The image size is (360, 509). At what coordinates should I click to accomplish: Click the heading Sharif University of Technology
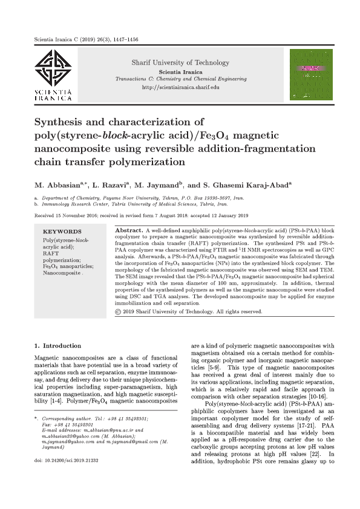(180, 63)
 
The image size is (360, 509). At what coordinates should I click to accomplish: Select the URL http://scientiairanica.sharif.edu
(180, 88)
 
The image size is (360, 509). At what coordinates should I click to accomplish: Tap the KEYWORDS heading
(62, 232)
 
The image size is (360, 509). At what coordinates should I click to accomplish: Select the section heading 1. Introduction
(57, 346)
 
